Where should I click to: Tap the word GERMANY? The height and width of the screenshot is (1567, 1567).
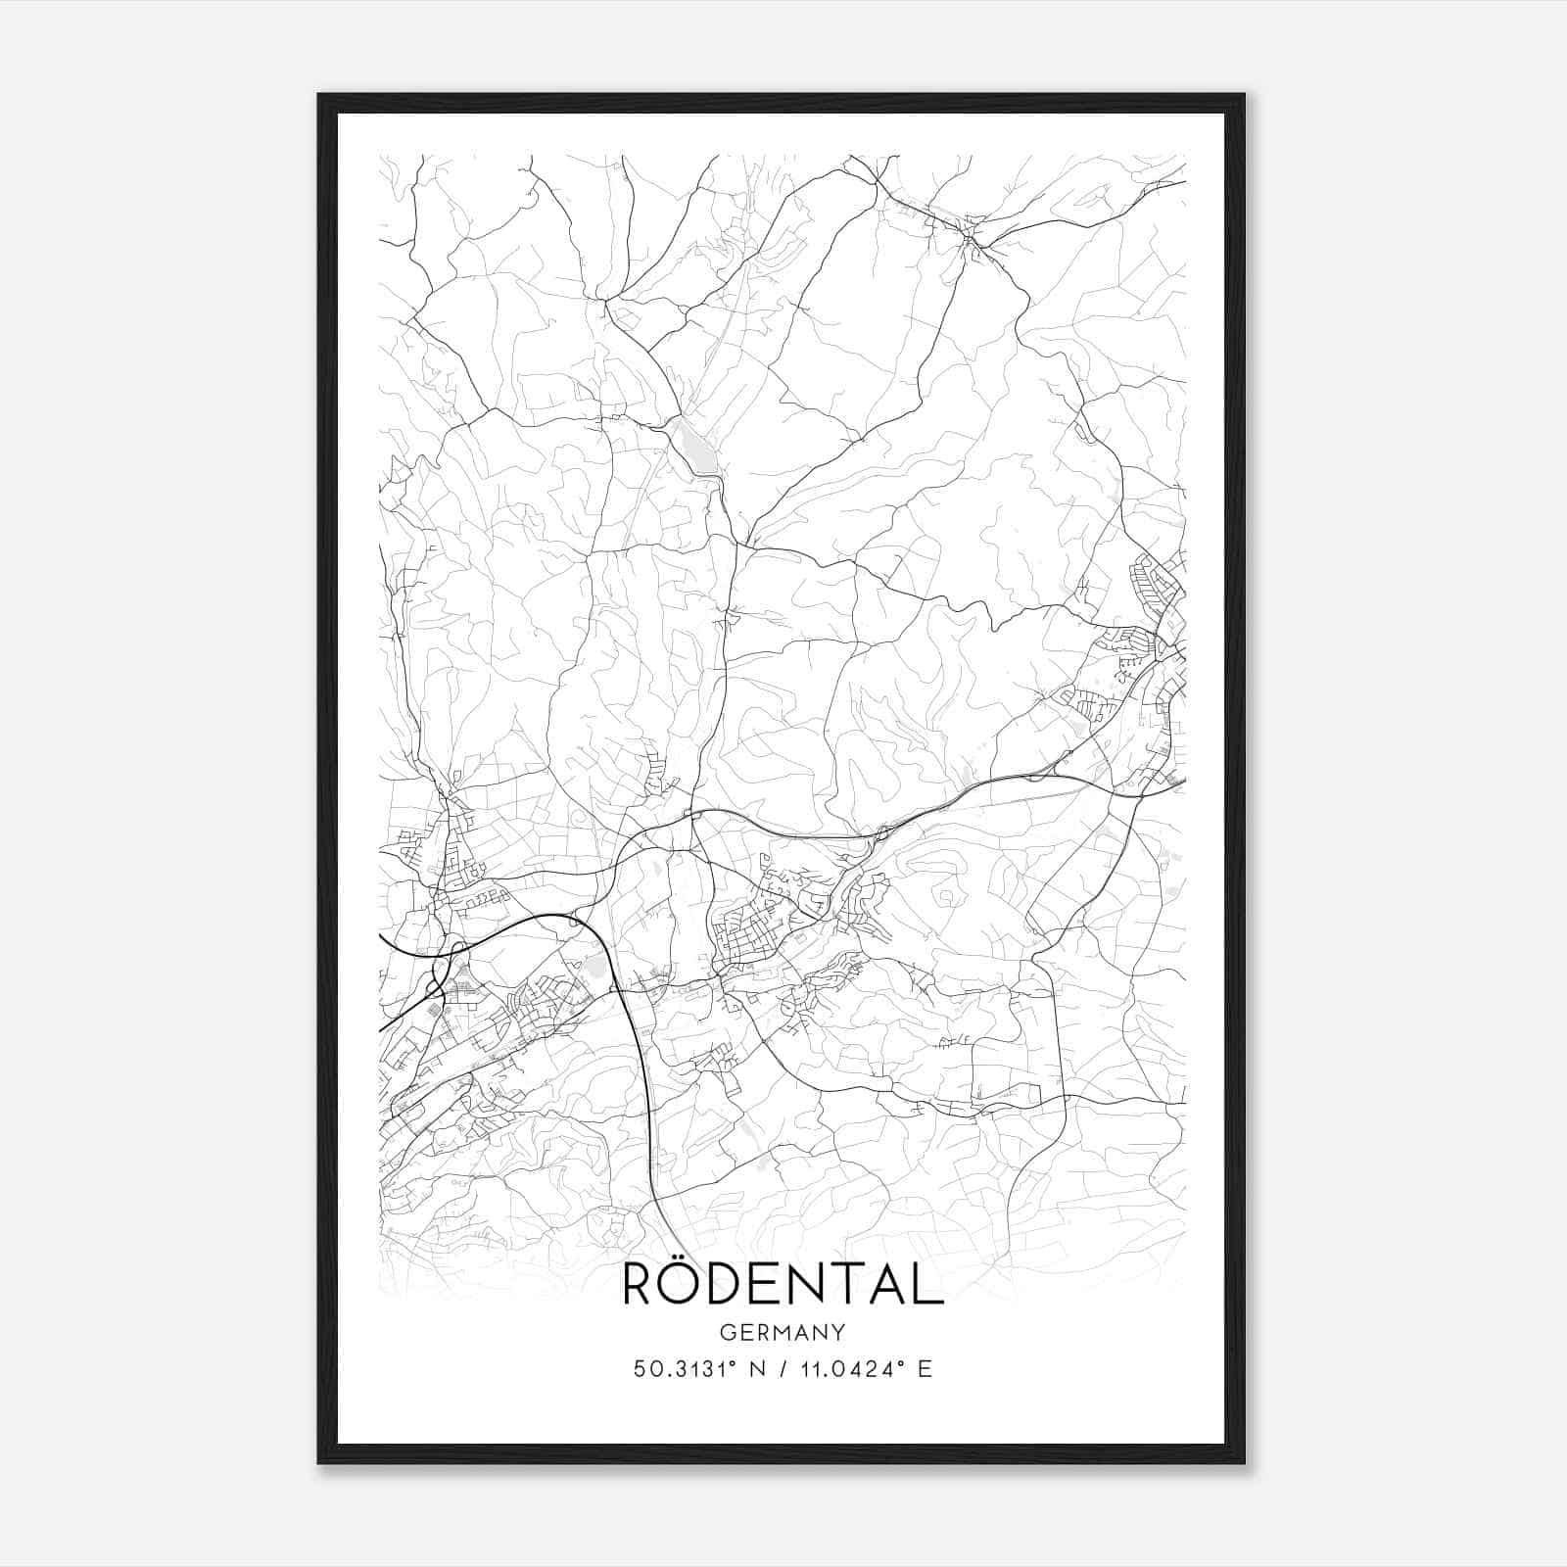783,1332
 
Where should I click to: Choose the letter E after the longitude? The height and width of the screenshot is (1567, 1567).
926,1369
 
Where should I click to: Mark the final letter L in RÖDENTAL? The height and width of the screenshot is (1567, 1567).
928,1285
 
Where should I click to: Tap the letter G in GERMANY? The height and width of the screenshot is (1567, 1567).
727,1332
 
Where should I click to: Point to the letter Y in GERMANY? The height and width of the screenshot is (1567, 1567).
838,1332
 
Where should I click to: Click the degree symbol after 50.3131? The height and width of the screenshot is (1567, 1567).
725,1363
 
